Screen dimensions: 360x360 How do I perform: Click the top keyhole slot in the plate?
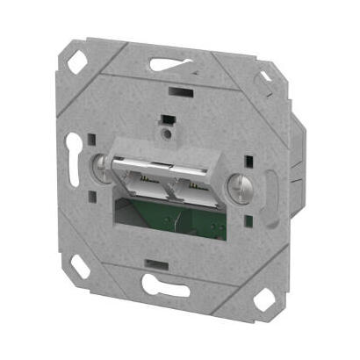tap(172, 63)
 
